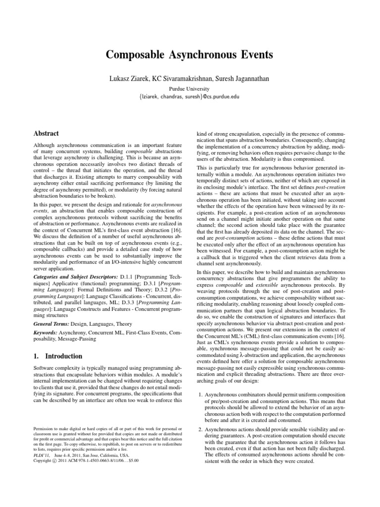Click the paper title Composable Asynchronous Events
[x=190, y=54]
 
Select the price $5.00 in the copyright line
[x=133, y=460]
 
